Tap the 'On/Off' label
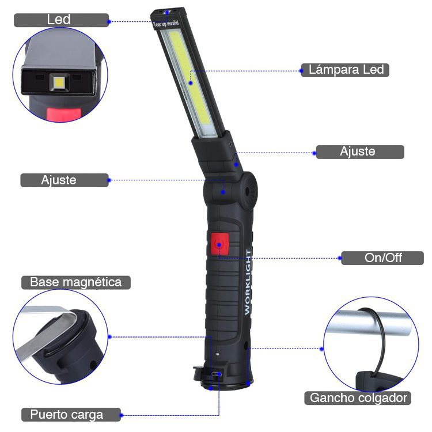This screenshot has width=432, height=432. (382, 258)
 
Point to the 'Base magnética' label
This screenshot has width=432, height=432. (76, 282)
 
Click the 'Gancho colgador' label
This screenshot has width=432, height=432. (358, 398)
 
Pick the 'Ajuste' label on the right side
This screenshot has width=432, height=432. (360, 152)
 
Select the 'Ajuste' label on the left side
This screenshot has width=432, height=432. (65, 180)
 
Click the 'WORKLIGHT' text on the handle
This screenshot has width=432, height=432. (248, 282)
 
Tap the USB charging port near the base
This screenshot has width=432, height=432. (216, 374)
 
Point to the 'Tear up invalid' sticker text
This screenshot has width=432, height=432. (166, 24)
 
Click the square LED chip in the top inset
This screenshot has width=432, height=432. (59, 82)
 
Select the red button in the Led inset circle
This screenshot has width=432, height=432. (64, 115)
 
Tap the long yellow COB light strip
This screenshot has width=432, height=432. (190, 78)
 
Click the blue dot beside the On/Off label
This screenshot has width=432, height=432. (340, 258)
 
